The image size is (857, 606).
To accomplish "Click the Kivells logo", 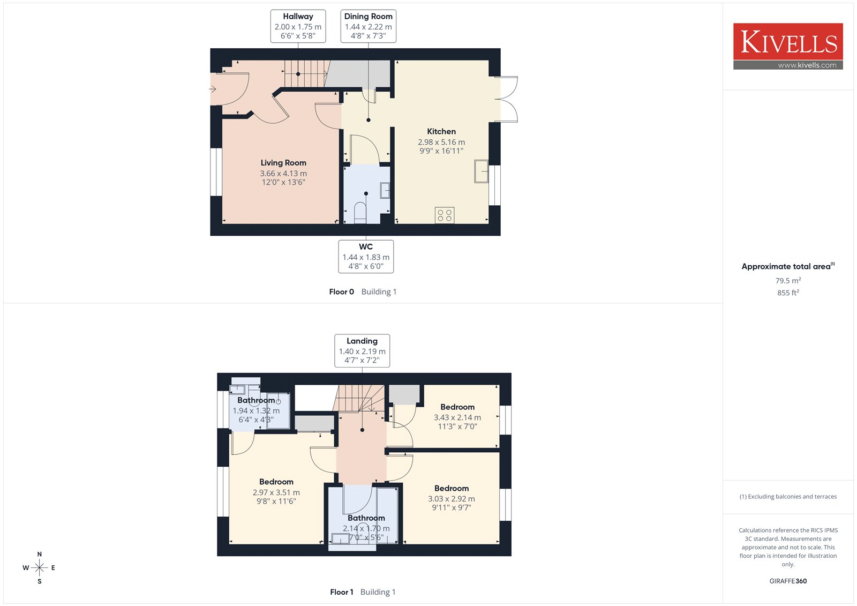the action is (x=788, y=46).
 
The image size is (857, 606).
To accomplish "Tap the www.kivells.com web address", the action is (x=807, y=65).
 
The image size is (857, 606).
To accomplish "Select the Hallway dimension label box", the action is (x=298, y=26).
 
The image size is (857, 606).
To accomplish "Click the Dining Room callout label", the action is (x=368, y=26).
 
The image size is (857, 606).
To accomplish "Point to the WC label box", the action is (x=366, y=257).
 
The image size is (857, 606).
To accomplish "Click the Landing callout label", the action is (x=362, y=350).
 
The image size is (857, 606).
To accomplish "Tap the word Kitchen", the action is (x=441, y=131).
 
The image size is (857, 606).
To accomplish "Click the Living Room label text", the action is (x=283, y=163).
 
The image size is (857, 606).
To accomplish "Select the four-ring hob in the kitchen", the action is (x=445, y=215).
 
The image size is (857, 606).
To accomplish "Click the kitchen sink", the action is (x=482, y=171).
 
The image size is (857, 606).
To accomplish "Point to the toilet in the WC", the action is (x=360, y=213).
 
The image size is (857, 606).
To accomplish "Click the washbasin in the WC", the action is (x=385, y=190).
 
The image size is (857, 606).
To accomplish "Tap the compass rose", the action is (x=39, y=567).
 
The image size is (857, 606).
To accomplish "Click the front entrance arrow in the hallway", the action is (x=212, y=89).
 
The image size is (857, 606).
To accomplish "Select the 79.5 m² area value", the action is (x=788, y=280).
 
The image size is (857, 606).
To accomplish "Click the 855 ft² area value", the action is (x=788, y=293).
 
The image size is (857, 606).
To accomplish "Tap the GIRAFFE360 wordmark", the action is (x=788, y=581).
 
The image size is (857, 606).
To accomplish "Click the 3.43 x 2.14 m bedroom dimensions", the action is (x=457, y=417).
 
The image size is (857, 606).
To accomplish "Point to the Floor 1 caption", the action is (x=341, y=592).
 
